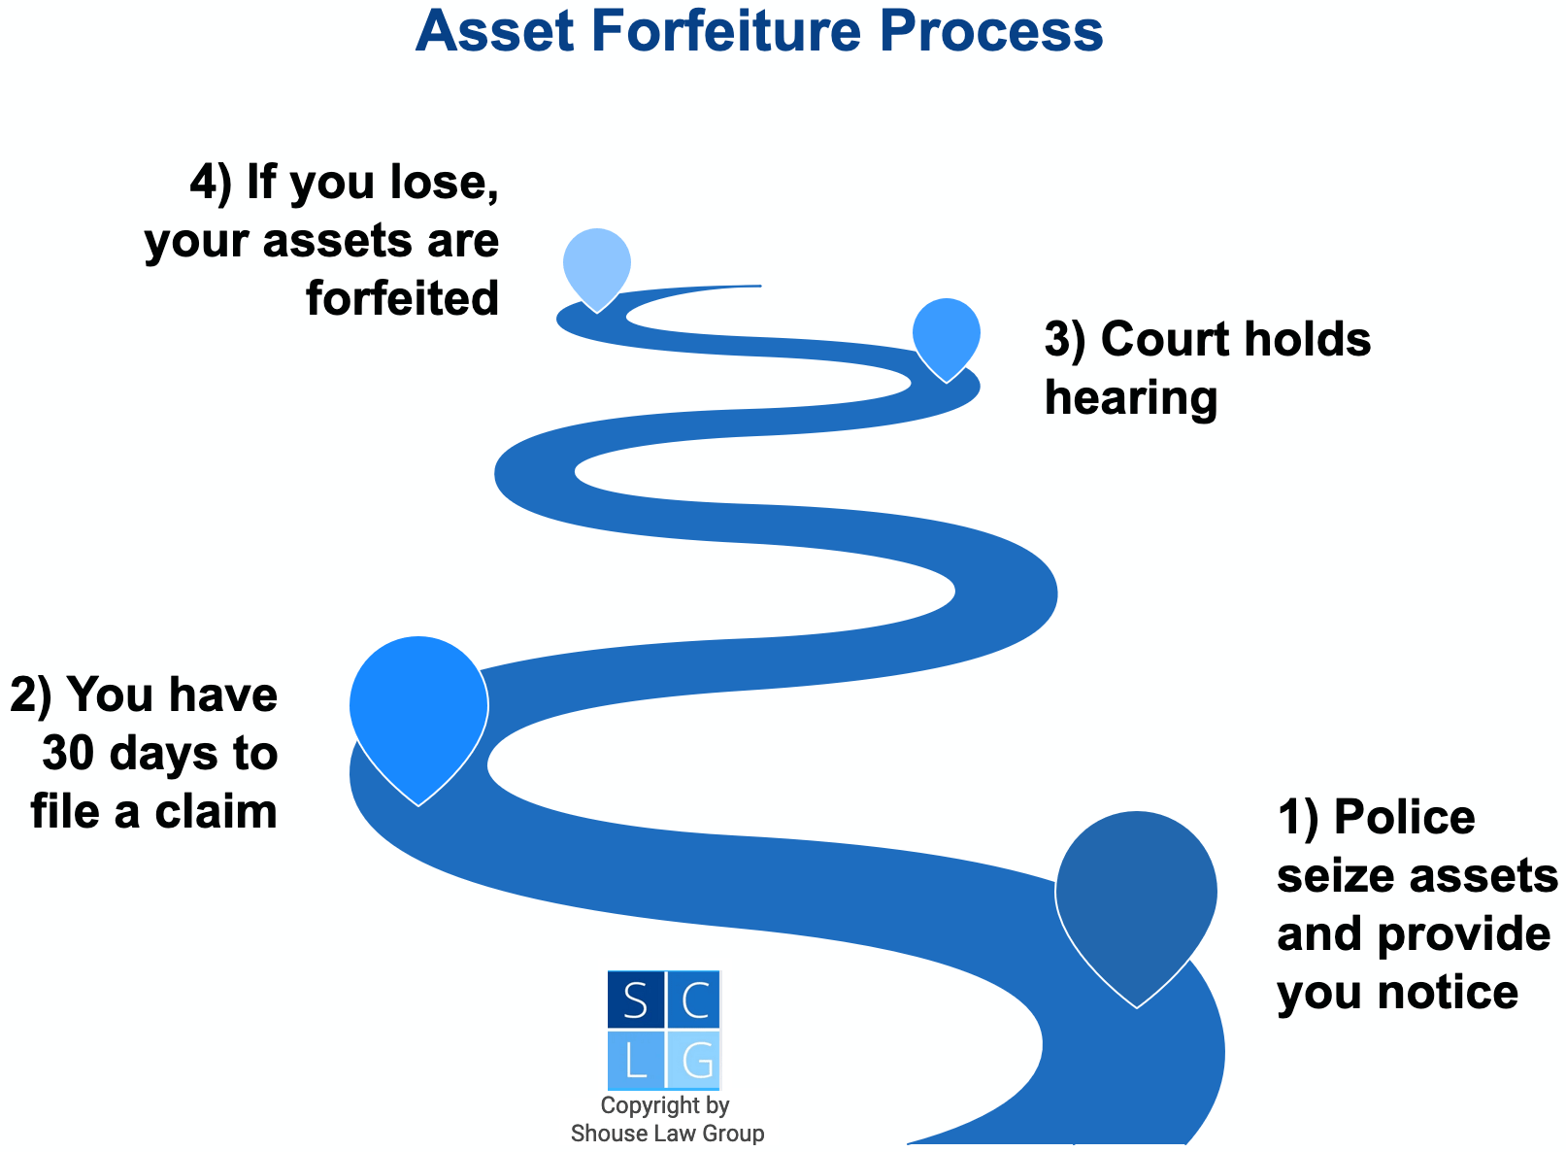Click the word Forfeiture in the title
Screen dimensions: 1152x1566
pyautogui.click(x=724, y=31)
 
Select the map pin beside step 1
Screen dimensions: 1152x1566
pyautogui.click(x=1136, y=894)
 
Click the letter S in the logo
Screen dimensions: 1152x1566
pyautogui.click(x=636, y=1000)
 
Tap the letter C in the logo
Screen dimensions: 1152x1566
pyautogui.click(x=694, y=1000)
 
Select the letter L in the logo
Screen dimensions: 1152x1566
pyautogui.click(x=636, y=1061)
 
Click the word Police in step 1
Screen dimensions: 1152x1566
pyautogui.click(x=1404, y=817)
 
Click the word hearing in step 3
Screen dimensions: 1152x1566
pyautogui.click(x=1131, y=399)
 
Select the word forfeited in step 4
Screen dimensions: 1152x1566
pyautogui.click(x=403, y=298)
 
